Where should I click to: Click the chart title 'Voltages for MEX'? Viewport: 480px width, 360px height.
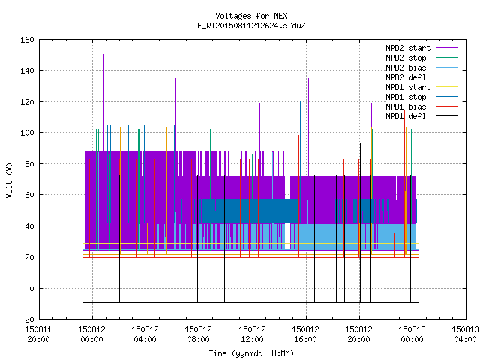click(251, 16)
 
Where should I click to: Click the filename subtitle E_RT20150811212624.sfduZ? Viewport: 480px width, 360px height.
click(251, 25)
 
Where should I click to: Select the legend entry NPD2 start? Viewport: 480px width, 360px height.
click(408, 48)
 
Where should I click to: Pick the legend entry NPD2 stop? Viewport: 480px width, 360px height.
click(406, 58)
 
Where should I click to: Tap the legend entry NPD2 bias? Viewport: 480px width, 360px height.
click(406, 67)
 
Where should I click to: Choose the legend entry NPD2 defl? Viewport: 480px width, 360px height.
click(406, 77)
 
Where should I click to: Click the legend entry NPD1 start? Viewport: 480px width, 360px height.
click(408, 87)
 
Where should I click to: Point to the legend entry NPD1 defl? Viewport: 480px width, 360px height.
click(406, 116)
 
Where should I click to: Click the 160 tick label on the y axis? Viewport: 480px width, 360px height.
click(27, 40)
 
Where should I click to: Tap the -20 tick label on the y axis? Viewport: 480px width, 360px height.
click(27, 319)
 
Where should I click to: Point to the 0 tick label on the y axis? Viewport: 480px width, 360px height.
click(31, 288)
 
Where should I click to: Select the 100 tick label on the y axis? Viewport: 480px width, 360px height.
click(27, 133)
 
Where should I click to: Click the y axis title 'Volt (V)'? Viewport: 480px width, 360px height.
click(10, 180)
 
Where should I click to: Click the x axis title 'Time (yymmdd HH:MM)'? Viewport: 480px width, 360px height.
click(251, 353)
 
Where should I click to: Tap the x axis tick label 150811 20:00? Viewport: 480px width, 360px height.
click(38, 334)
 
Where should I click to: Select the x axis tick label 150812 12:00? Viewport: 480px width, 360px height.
click(252, 334)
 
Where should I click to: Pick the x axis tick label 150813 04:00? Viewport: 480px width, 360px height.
click(465, 334)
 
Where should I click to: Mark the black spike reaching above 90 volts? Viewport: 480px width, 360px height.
click(360, 223)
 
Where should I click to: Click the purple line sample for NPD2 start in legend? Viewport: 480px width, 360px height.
click(447, 48)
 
